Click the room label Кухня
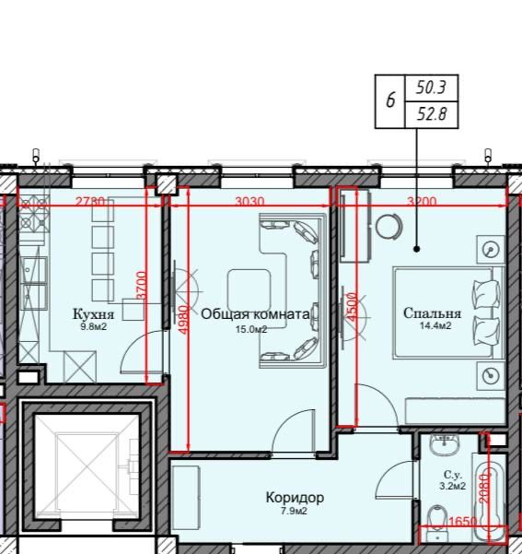coord(94,313)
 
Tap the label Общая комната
coord(255,314)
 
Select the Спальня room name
coord(432,313)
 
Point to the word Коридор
coord(295,498)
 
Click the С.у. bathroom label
coord(453,474)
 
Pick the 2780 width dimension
coord(90,201)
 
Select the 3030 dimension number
coord(249,201)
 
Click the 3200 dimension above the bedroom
coord(422,201)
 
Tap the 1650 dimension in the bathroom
coord(463,521)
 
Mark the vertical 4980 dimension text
coord(184,320)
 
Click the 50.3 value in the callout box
coord(431,88)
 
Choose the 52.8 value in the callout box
coord(432,113)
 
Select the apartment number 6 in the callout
coord(390,100)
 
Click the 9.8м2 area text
coord(94,327)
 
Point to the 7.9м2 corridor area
coord(294,511)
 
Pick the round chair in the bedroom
coord(389,227)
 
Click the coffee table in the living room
coord(249,289)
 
